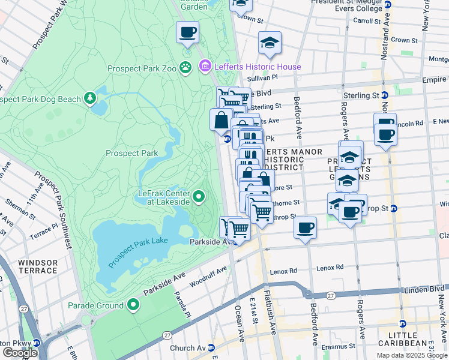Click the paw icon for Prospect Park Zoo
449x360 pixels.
186,68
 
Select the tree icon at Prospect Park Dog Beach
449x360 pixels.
91,97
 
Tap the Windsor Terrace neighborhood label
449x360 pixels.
38,267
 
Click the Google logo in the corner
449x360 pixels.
20,353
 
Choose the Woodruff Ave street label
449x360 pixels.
208,273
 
